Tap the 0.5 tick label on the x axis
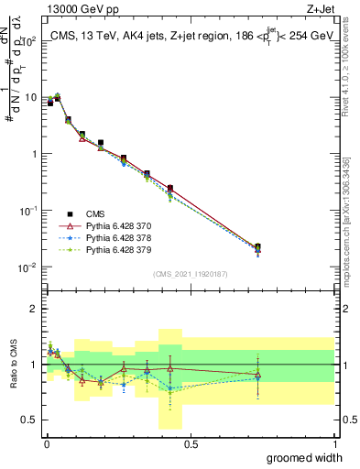click(x=191, y=443)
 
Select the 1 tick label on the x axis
click(x=334, y=443)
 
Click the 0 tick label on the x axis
click(x=47, y=443)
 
